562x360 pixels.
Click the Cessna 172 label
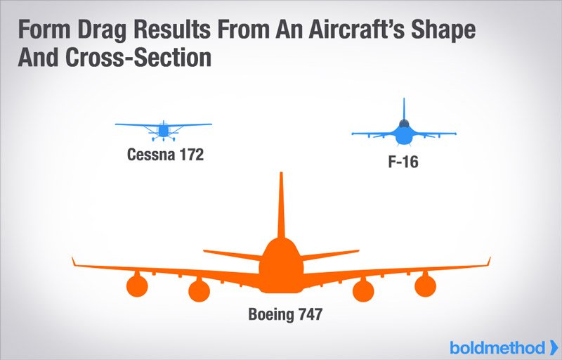click(165, 155)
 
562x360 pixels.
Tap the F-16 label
click(403, 162)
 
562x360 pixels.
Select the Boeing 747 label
click(285, 314)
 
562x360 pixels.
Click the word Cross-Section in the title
click(138, 58)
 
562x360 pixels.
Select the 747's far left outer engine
click(137, 285)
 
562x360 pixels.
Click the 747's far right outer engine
click(426, 285)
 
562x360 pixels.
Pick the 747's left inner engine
click(199, 290)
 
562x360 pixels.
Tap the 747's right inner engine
click(363, 290)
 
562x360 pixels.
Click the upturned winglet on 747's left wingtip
click(74, 262)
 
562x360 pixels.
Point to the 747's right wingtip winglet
click(488, 262)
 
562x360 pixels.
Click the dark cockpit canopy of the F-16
click(404, 124)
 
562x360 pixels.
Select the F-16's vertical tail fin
click(404, 109)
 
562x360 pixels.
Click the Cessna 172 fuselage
click(164, 131)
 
